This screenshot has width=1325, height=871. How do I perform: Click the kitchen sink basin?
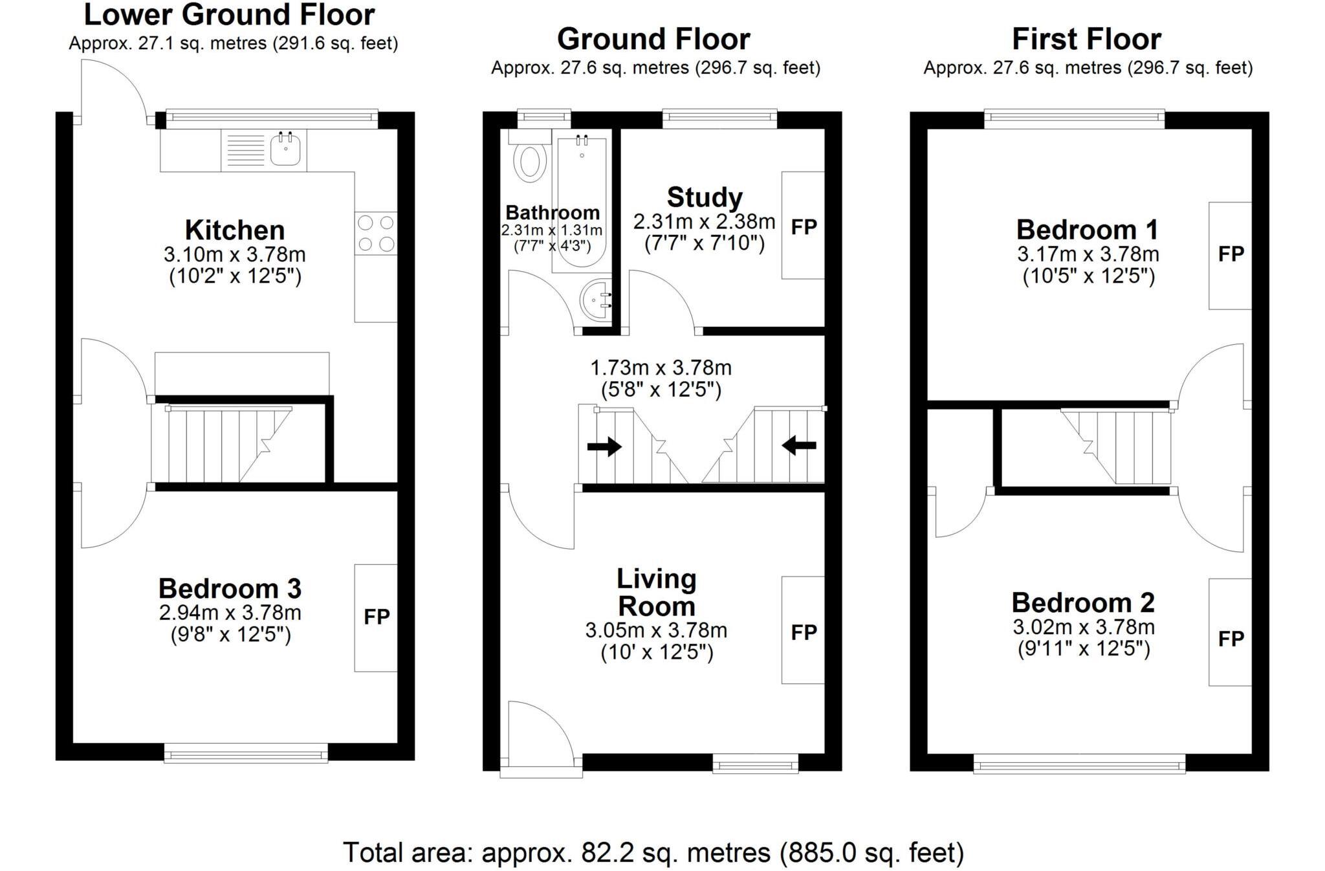pos(285,151)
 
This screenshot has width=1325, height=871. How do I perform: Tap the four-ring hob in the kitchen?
pos(376,234)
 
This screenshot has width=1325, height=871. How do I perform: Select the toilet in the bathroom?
pos(530,161)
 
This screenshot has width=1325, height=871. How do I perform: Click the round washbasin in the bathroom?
pos(596,300)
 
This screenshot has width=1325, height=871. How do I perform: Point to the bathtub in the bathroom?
pos(580,204)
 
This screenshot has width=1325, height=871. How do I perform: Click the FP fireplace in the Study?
pos(804,226)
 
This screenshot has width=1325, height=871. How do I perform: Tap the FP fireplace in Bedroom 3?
pos(376,617)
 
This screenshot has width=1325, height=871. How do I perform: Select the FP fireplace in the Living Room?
pos(804,632)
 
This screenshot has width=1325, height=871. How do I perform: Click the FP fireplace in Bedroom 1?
pos(1230,254)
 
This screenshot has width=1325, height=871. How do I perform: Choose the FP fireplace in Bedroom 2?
pos(1230,639)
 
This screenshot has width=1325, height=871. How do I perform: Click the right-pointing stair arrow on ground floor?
pos(604,447)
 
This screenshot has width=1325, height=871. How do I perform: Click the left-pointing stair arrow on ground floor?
pos(799,445)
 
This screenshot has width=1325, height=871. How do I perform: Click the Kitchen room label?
pos(234,230)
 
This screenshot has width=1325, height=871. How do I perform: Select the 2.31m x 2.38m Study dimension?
pos(704,222)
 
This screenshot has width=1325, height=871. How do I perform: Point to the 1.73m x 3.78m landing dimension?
pos(661,368)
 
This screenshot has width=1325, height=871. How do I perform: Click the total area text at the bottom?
pos(653,853)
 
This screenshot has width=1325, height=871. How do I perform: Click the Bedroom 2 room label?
pos(1083,602)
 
